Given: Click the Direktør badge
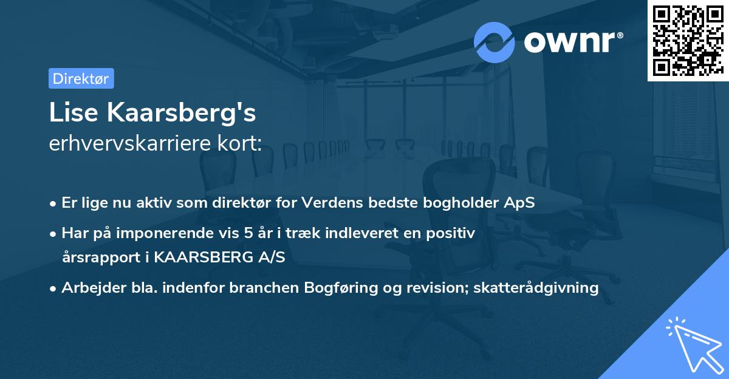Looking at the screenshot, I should pyautogui.click(x=81, y=78).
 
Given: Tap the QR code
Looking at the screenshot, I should pyautogui.click(x=688, y=41).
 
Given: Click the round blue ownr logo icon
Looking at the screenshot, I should pyautogui.click(x=495, y=42).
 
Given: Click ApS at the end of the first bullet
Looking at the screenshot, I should pyautogui.click(x=521, y=203).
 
